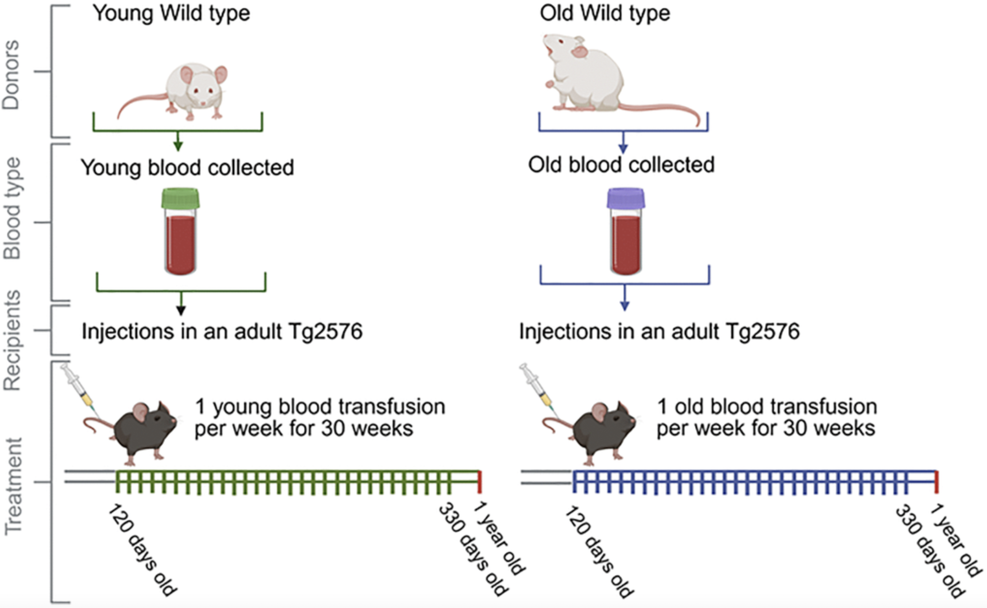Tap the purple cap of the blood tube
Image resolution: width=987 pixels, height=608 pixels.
coord(626,198)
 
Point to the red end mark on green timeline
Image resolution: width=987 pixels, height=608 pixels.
coord(480,481)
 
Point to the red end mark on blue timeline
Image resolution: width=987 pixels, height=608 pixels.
coord(937,481)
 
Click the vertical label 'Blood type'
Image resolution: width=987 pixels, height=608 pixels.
coord(12,208)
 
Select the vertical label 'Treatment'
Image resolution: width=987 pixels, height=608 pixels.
coord(13,486)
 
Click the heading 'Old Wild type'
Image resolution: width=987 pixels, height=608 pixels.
coord(605,13)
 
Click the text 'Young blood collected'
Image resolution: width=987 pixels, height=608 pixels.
coord(187,168)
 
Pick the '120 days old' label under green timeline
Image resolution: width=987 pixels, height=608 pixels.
coord(141,549)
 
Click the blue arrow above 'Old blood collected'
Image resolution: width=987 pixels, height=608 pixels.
coord(624,146)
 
